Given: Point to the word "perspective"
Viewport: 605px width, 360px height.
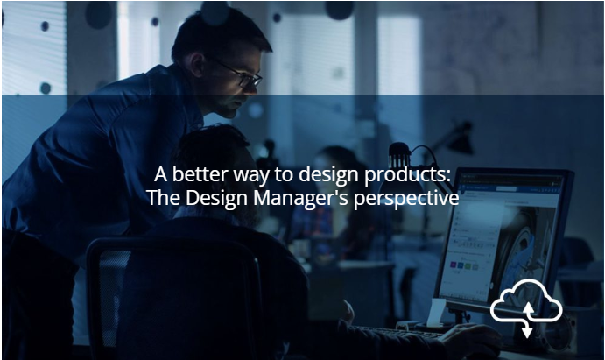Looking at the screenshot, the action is tap(406, 199).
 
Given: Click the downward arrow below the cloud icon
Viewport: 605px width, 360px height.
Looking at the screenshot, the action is tap(527, 329).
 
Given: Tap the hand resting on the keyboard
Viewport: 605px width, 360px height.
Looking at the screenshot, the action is tap(468, 334).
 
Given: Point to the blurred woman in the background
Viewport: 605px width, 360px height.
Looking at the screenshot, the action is tap(332, 201).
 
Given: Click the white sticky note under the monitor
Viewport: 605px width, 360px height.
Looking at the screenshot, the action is tap(436, 312).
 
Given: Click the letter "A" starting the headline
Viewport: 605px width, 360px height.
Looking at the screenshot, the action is tap(160, 174).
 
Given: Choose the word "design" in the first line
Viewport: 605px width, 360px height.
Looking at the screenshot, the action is tap(329, 175).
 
